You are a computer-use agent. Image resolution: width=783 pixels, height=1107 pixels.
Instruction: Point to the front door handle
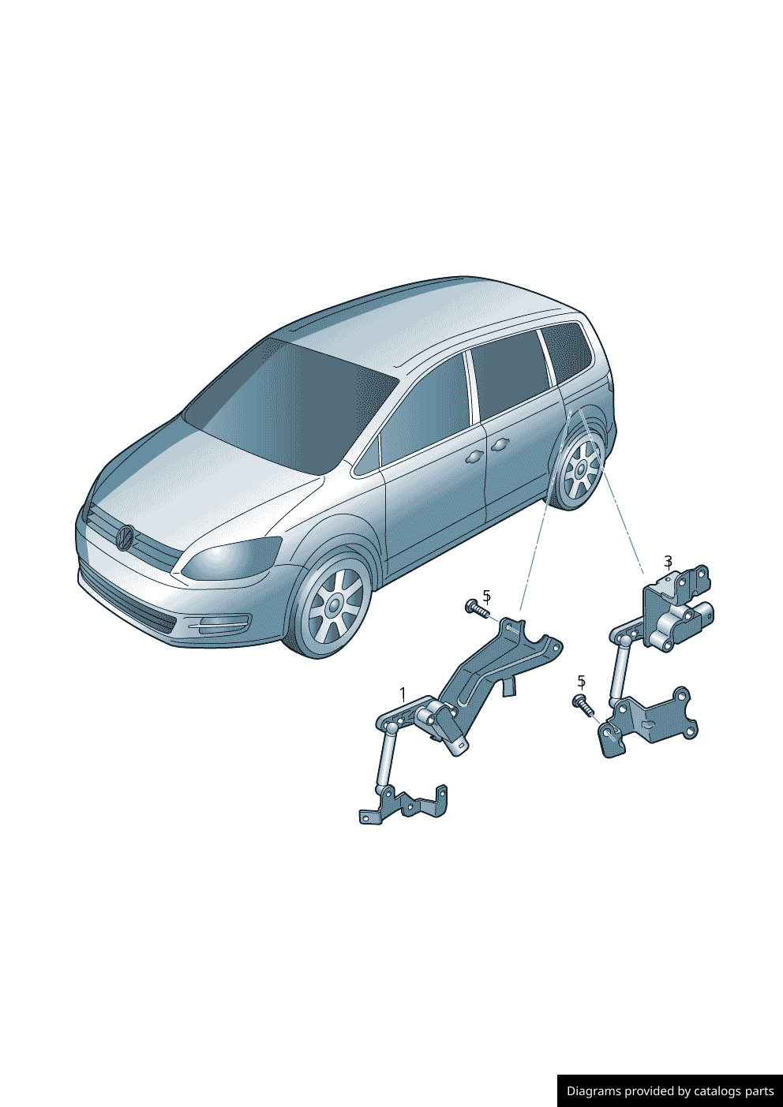click(474, 457)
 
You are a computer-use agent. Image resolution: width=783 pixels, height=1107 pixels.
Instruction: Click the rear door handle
click(500, 446)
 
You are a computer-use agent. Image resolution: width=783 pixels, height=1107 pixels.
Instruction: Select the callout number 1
click(403, 694)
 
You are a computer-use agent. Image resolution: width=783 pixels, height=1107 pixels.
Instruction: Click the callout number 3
click(668, 562)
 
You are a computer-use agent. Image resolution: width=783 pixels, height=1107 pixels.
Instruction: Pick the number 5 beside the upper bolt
click(486, 596)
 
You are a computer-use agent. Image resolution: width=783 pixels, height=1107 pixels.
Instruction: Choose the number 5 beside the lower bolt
click(581, 681)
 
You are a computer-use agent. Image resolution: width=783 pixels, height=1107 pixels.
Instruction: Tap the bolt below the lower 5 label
click(583, 704)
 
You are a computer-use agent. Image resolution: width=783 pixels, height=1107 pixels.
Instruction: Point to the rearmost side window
click(567, 352)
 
